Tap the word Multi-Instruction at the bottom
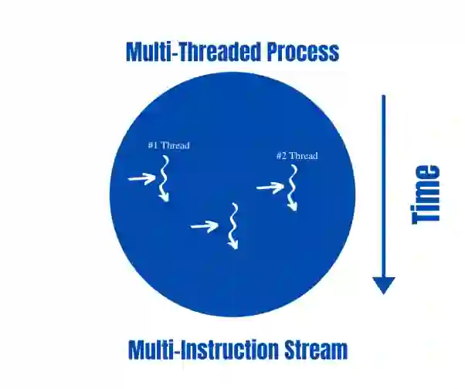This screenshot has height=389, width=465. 198,350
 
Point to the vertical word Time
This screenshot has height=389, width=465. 426,194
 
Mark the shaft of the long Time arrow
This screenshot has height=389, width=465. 384,185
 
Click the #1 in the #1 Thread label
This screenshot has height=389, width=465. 153,145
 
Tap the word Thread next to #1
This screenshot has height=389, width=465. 175,145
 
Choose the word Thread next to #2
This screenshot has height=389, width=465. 304,157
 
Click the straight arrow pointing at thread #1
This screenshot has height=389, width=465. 141,179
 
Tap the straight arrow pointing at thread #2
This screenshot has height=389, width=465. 270,187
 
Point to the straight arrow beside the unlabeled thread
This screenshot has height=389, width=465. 205,225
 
